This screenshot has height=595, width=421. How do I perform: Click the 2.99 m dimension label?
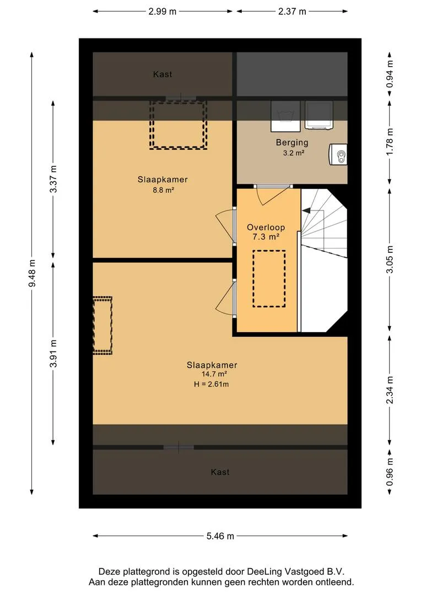point(162,12)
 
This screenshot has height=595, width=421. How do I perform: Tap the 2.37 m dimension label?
point(292,12)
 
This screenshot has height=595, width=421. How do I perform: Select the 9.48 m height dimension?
point(32,273)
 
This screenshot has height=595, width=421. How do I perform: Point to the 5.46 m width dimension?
point(220,536)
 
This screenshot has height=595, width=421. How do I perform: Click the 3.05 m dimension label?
point(390,259)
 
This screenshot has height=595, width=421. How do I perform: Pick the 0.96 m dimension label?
point(390,472)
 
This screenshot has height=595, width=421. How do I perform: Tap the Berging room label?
point(292,143)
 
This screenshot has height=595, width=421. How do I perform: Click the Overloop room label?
point(266,228)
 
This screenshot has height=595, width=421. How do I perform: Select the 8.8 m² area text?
point(163,190)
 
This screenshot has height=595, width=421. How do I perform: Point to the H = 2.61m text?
point(212,384)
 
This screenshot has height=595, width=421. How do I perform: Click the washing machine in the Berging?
point(285,116)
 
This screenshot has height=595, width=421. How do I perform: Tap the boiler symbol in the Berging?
point(338,154)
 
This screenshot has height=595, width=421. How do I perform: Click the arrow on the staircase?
point(306,210)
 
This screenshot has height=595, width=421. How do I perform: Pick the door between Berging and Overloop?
point(273,186)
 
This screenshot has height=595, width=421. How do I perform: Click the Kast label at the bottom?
point(220,472)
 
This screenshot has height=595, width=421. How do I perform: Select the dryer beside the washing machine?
point(319,115)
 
